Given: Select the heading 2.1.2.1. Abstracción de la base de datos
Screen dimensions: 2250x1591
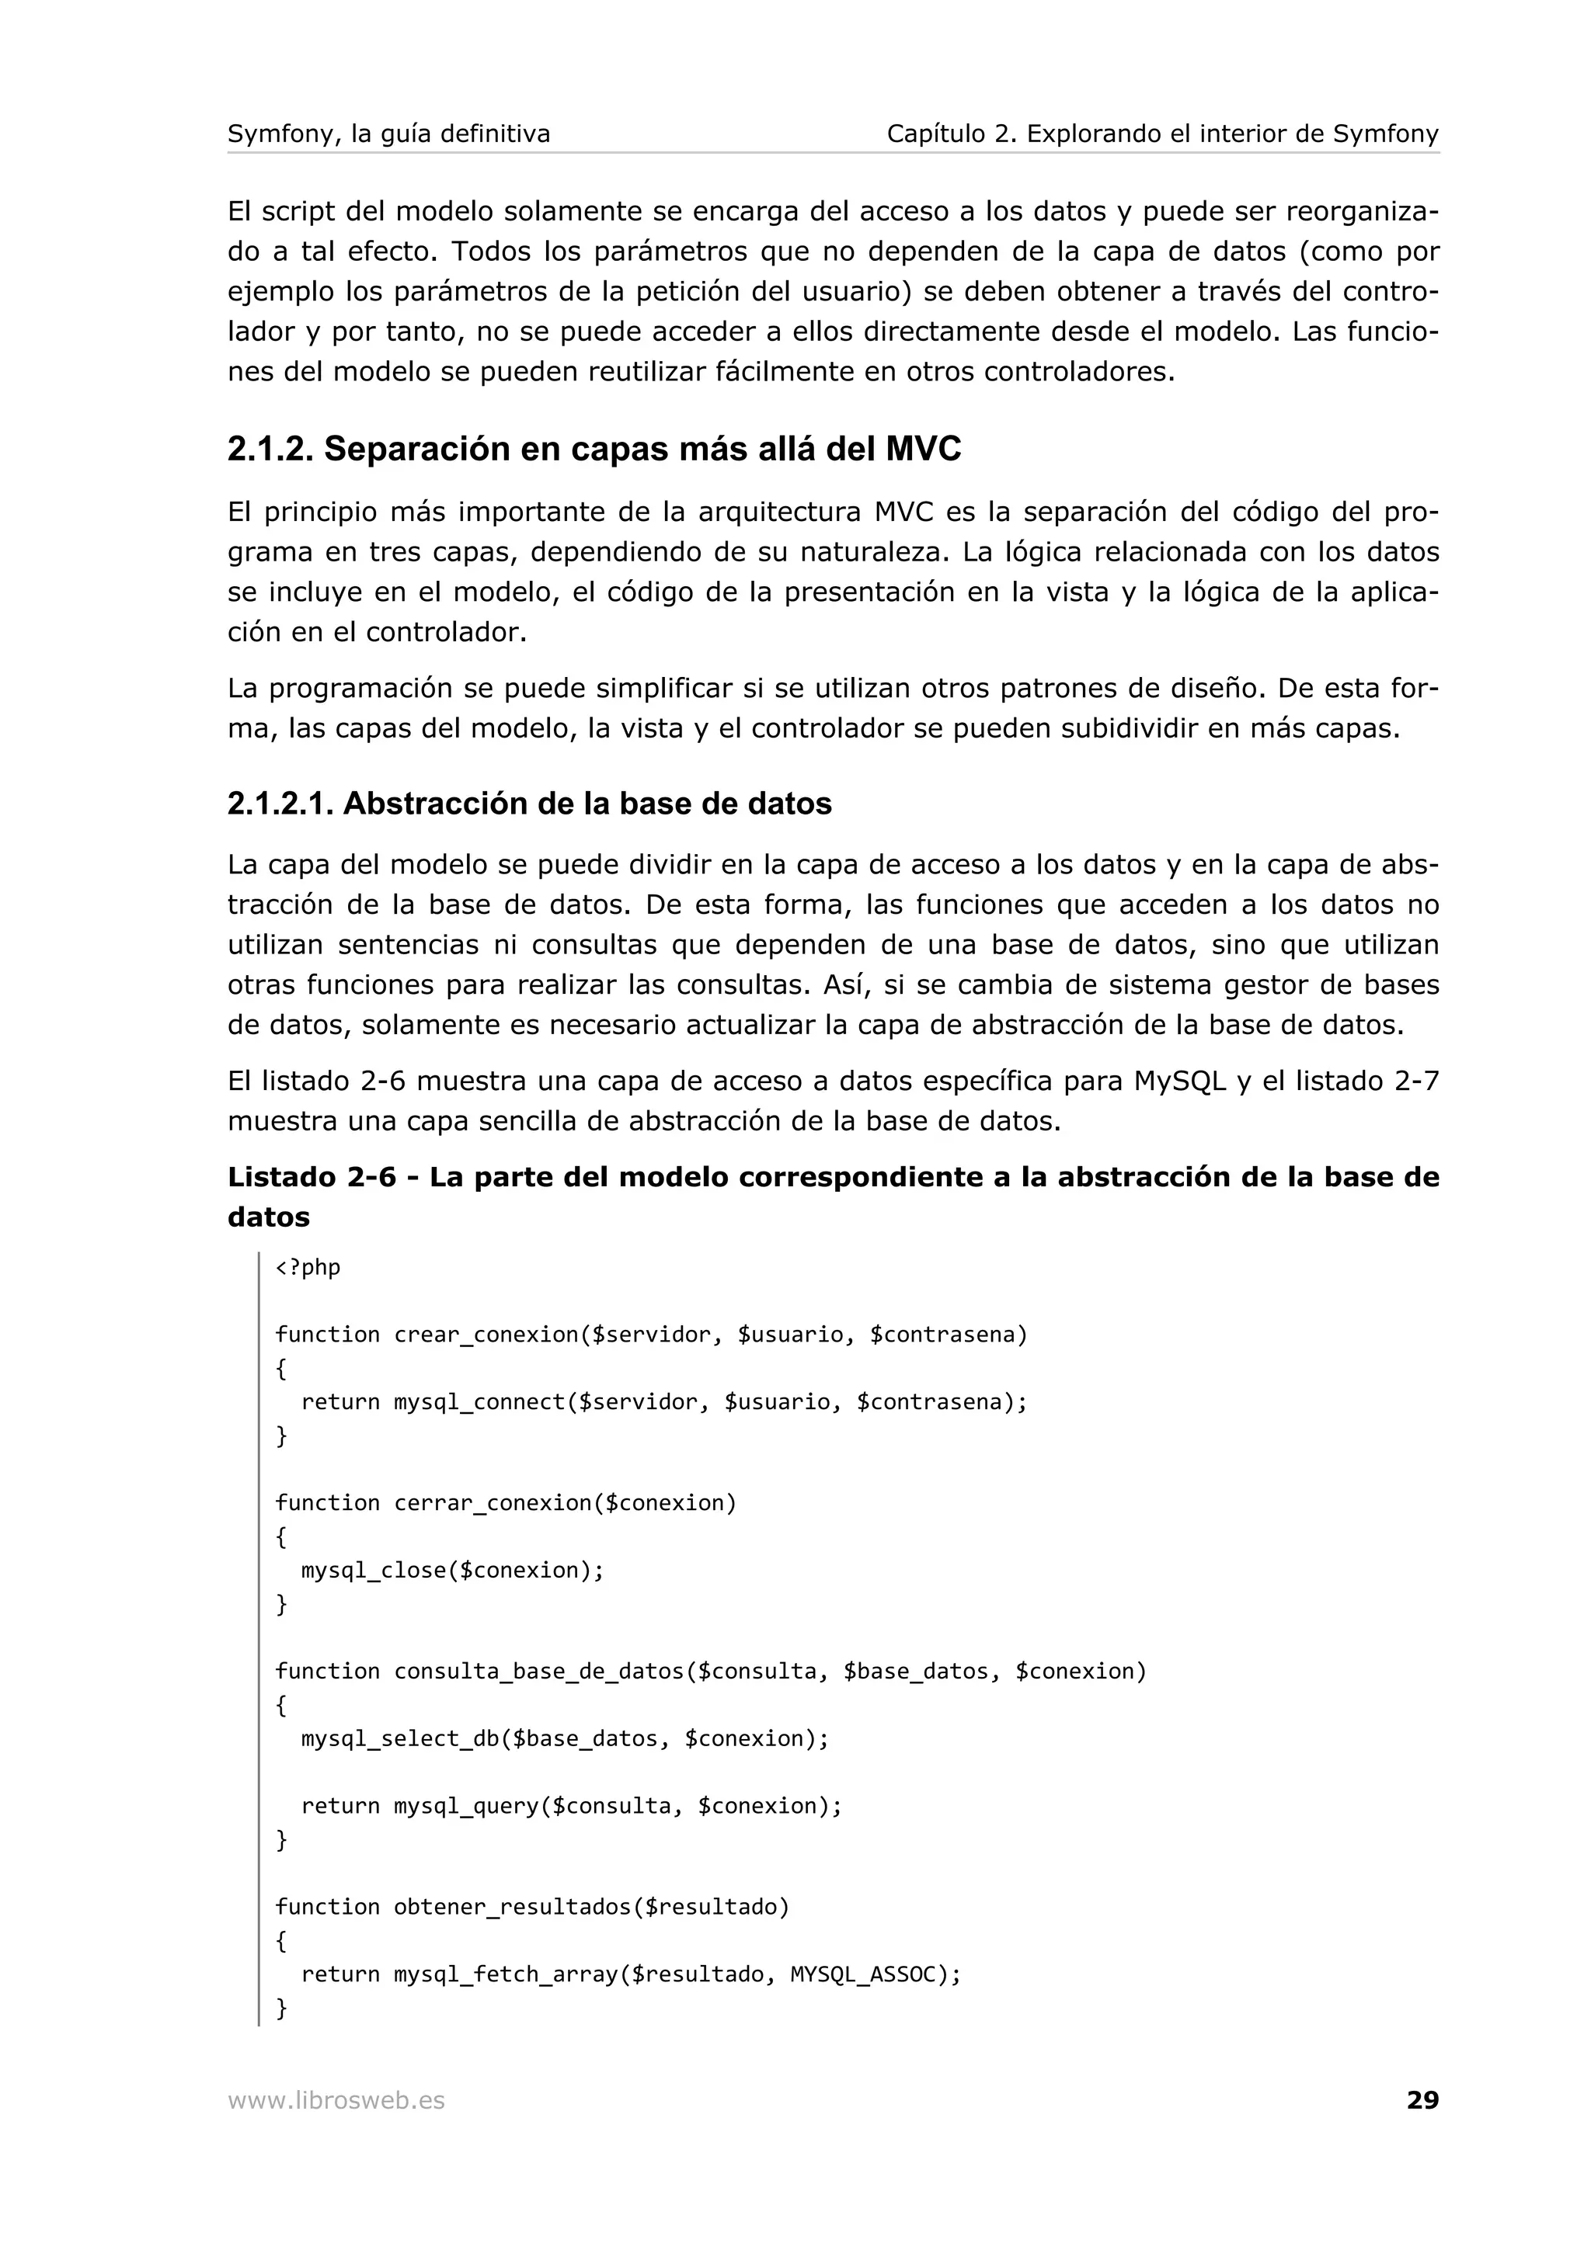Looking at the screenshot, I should click(x=529, y=804).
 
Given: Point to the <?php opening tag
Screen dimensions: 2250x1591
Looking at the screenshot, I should click(x=308, y=1267).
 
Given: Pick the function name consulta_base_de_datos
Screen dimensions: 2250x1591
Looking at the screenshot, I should click(x=538, y=1672).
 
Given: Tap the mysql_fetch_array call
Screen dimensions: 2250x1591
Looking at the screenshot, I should click(x=506, y=1974).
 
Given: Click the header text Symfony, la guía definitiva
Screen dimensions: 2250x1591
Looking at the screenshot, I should click(x=389, y=134).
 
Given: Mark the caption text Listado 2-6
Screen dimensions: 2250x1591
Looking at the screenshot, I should click(x=312, y=1177).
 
